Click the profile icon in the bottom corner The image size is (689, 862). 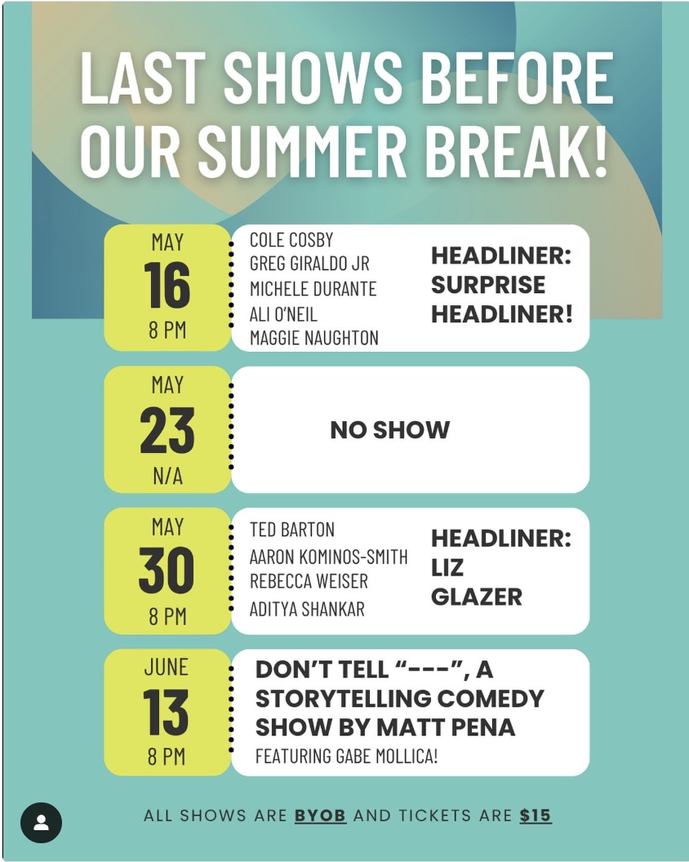(x=42, y=823)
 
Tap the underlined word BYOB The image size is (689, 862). (x=320, y=815)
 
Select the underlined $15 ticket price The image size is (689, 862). (x=535, y=815)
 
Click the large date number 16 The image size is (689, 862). (x=167, y=286)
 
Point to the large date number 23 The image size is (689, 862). (x=167, y=430)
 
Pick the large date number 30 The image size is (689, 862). (x=167, y=571)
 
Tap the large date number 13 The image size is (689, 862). (x=166, y=712)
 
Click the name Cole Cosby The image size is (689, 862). (x=291, y=240)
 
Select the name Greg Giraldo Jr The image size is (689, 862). (x=309, y=264)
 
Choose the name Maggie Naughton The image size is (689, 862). (x=314, y=338)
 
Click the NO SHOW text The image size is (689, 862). (x=390, y=430)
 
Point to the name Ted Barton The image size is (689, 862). (x=292, y=530)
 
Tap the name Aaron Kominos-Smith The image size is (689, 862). (x=329, y=557)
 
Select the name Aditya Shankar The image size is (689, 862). (x=308, y=609)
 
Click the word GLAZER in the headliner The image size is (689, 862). (x=477, y=597)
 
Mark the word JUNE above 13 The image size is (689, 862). (x=166, y=667)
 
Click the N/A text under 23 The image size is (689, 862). (x=167, y=476)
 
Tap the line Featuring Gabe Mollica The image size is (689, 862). (x=346, y=757)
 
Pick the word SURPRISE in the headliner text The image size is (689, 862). (x=488, y=285)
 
